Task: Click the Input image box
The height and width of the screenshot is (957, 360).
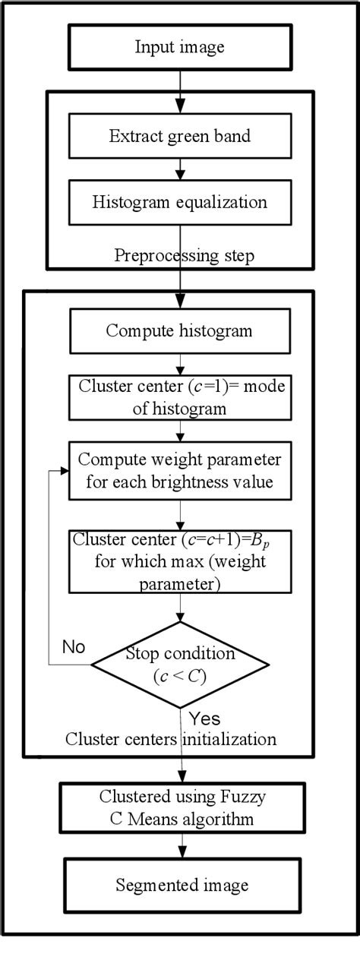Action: (x=180, y=47)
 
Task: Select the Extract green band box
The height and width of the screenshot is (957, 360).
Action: (x=180, y=137)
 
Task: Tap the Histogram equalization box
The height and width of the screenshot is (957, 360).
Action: (x=180, y=203)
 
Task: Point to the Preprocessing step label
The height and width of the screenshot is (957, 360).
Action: (x=184, y=255)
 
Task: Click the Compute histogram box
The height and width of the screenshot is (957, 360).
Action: (x=180, y=330)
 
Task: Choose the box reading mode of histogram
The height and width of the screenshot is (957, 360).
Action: (x=180, y=396)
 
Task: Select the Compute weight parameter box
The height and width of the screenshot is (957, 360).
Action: (x=180, y=471)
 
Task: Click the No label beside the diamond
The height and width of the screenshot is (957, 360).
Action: (x=74, y=646)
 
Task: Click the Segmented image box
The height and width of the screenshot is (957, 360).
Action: (x=180, y=886)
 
